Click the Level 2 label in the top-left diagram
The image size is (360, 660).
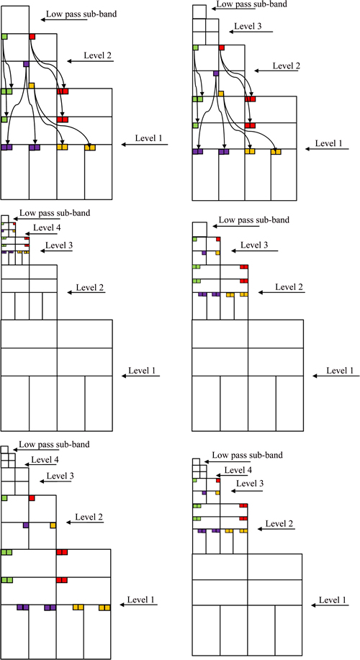(x=98, y=55)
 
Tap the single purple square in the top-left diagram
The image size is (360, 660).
(x=26, y=64)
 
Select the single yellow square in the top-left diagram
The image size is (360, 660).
(x=31, y=86)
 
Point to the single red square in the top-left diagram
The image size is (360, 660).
(x=32, y=37)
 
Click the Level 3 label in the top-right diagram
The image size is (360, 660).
(x=248, y=26)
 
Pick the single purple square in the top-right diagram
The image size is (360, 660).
(x=216, y=73)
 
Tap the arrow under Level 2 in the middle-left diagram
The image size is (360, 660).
(x=86, y=292)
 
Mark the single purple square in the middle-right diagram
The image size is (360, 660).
(x=204, y=253)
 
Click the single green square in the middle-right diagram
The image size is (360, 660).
(x=195, y=239)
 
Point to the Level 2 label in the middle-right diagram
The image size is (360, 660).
(x=289, y=286)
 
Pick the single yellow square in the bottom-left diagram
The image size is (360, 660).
(x=53, y=525)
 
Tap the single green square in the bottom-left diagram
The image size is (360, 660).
(x=4, y=498)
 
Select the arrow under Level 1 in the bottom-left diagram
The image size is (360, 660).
(x=138, y=605)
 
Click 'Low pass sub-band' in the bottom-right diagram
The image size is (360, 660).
(x=247, y=455)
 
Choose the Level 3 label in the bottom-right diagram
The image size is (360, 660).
(x=250, y=484)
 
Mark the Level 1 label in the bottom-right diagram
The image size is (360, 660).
(x=333, y=600)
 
